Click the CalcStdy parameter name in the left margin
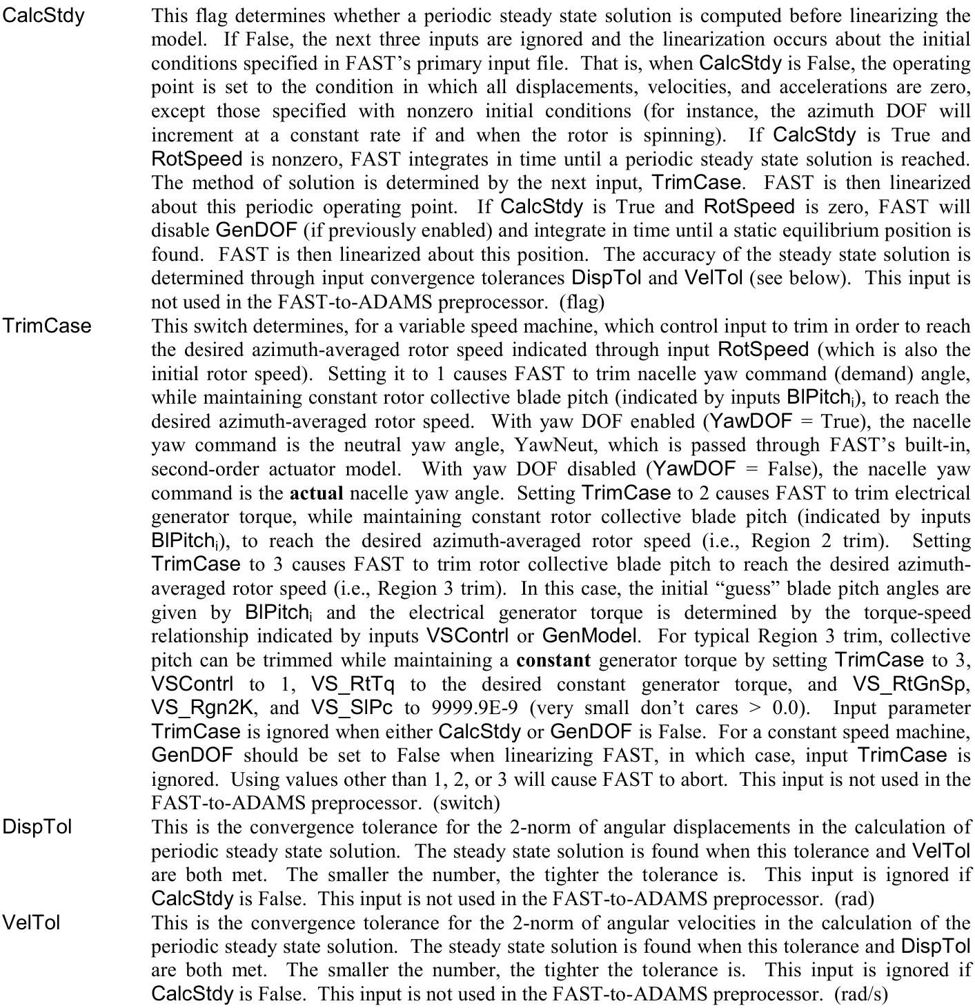pos(43,15)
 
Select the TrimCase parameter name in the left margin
pos(47,325)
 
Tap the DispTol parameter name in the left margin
pos(37,827)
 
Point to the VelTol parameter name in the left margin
pos(32,922)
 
